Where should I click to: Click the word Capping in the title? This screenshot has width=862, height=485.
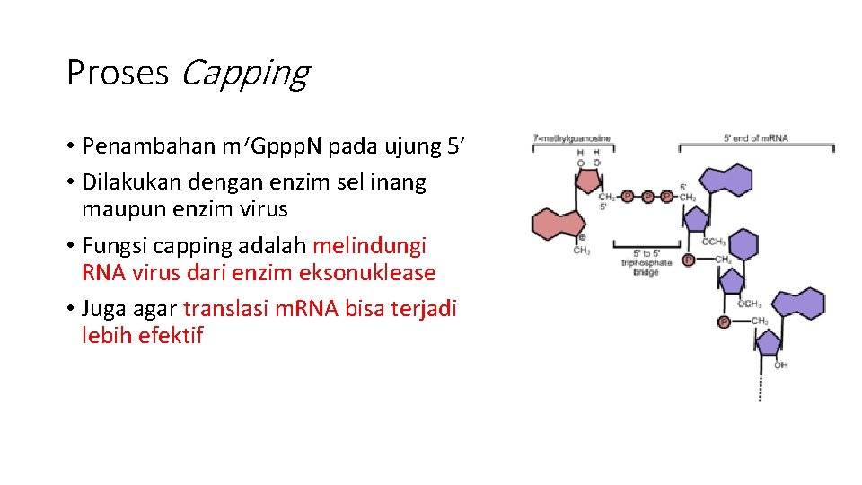click(244, 74)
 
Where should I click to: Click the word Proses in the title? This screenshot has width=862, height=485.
click(118, 73)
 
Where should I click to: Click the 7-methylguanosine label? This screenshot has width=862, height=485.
click(572, 138)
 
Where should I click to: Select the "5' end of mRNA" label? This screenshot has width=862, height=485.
click(755, 138)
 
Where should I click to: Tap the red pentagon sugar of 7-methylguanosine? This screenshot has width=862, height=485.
click(588, 181)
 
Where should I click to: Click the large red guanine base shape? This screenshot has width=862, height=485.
click(559, 222)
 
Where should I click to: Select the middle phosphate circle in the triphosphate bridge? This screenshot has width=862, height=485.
click(646, 196)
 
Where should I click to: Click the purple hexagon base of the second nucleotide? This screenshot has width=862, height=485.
click(743, 245)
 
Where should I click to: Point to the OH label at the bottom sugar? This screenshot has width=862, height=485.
click(781, 366)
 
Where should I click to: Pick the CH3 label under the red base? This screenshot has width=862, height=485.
click(582, 251)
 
